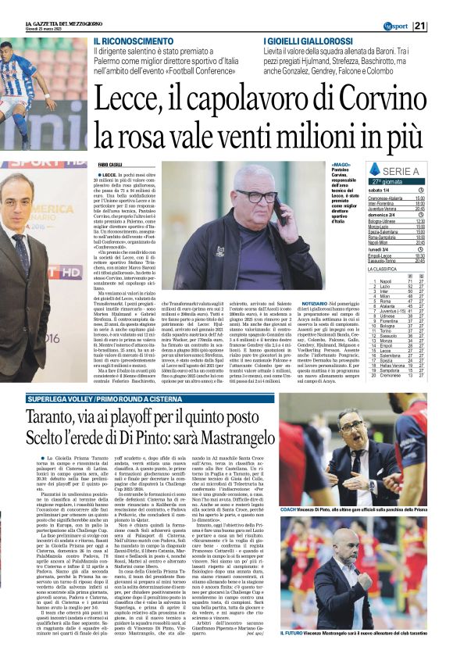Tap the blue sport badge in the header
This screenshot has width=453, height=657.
click(x=398, y=6)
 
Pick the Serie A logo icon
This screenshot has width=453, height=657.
click(x=376, y=170)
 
